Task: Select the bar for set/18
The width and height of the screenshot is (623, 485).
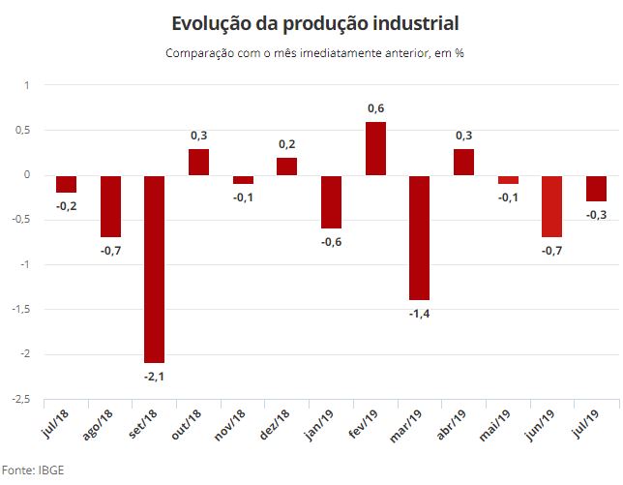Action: tap(154, 268)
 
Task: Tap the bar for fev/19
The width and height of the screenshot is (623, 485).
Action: tap(375, 148)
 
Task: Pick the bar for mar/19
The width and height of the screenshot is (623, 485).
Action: tap(420, 237)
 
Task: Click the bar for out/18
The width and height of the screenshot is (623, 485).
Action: tap(198, 162)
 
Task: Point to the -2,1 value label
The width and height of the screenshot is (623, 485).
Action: tap(154, 377)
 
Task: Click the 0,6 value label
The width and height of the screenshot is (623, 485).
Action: tap(376, 107)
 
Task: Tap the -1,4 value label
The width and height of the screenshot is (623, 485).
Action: tap(420, 314)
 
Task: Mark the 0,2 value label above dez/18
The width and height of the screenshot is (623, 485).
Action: tap(287, 143)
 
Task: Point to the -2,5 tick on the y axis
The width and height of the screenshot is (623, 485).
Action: tap(19, 399)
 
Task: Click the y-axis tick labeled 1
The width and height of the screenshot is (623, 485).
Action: tap(27, 85)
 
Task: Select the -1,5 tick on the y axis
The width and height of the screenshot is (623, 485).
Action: tap(19, 310)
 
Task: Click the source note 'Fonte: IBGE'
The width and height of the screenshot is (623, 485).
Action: tap(32, 470)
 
